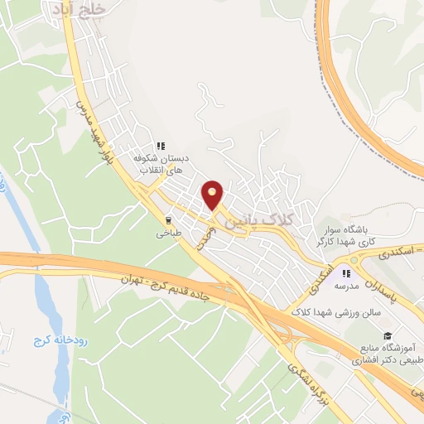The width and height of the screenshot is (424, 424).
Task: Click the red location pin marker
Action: pos(214,195)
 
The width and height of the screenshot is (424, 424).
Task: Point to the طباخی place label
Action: pos(169,234)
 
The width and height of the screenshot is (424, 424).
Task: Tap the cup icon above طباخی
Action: pos(169,221)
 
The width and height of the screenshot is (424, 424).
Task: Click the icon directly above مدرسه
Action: pos(347,273)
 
